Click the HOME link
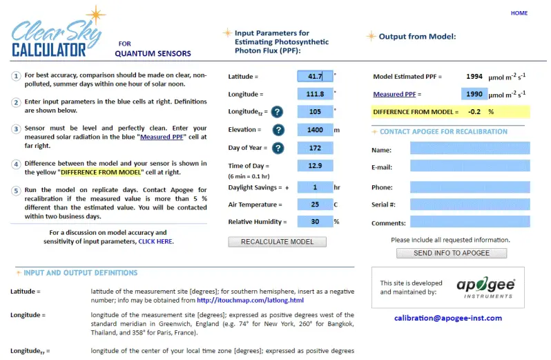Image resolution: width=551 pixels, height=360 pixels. (x=519, y=13)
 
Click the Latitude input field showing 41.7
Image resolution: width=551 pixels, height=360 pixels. (x=315, y=77)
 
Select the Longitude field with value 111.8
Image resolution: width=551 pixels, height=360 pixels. (x=315, y=94)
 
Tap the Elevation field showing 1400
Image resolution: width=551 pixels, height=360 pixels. (x=315, y=130)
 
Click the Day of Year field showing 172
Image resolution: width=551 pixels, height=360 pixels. (x=315, y=148)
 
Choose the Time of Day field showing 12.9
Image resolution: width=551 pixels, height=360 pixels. (x=315, y=166)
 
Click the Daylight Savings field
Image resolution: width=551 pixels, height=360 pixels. (x=315, y=187)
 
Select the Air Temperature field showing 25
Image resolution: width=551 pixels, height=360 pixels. (x=315, y=205)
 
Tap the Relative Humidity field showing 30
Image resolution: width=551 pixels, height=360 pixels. (x=315, y=222)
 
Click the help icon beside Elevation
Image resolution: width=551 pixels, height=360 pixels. (x=278, y=130)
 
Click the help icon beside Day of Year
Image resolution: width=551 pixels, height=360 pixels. (x=278, y=148)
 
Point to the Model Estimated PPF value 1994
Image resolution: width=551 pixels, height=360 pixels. (x=474, y=77)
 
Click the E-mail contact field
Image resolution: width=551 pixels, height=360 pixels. (x=470, y=167)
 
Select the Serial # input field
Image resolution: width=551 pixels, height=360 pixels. (x=470, y=205)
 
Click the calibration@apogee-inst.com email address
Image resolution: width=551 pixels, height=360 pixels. (x=448, y=318)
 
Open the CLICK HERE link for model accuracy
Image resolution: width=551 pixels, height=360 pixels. (x=155, y=242)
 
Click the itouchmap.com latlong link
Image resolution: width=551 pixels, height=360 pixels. (x=250, y=300)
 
